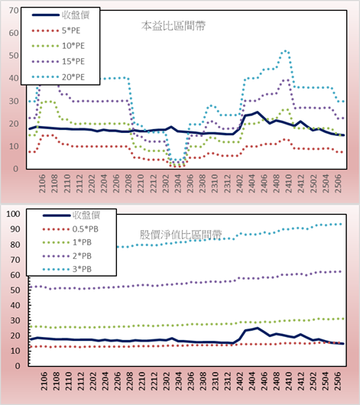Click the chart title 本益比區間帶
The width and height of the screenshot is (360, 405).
click(174, 26)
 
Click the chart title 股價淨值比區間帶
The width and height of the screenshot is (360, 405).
click(180, 235)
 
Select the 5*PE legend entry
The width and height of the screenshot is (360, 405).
click(56, 31)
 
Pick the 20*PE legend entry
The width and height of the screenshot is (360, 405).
click(58, 77)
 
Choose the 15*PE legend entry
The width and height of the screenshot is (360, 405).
click(58, 61)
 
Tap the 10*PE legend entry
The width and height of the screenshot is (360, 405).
click(58, 46)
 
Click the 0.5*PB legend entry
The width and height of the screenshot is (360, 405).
click(70, 229)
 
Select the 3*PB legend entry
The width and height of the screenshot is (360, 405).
click(67, 269)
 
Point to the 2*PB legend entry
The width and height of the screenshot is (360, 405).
click(67, 256)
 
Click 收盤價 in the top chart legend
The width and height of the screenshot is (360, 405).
click(60, 15)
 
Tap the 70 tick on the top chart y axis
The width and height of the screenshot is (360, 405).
click(14, 11)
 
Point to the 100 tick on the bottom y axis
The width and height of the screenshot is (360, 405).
click(13, 214)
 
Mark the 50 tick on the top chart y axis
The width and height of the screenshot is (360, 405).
click(14, 56)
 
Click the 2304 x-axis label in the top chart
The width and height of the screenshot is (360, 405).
click(178, 183)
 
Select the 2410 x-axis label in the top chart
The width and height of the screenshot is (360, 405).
click(289, 183)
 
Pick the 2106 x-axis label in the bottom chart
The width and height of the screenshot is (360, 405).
click(44, 381)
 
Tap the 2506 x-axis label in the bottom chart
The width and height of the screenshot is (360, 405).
click(338, 381)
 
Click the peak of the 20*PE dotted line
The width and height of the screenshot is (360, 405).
click(285, 51)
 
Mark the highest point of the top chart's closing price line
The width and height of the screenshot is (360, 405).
click(257, 112)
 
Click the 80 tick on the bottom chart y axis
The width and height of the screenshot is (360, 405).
click(15, 245)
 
